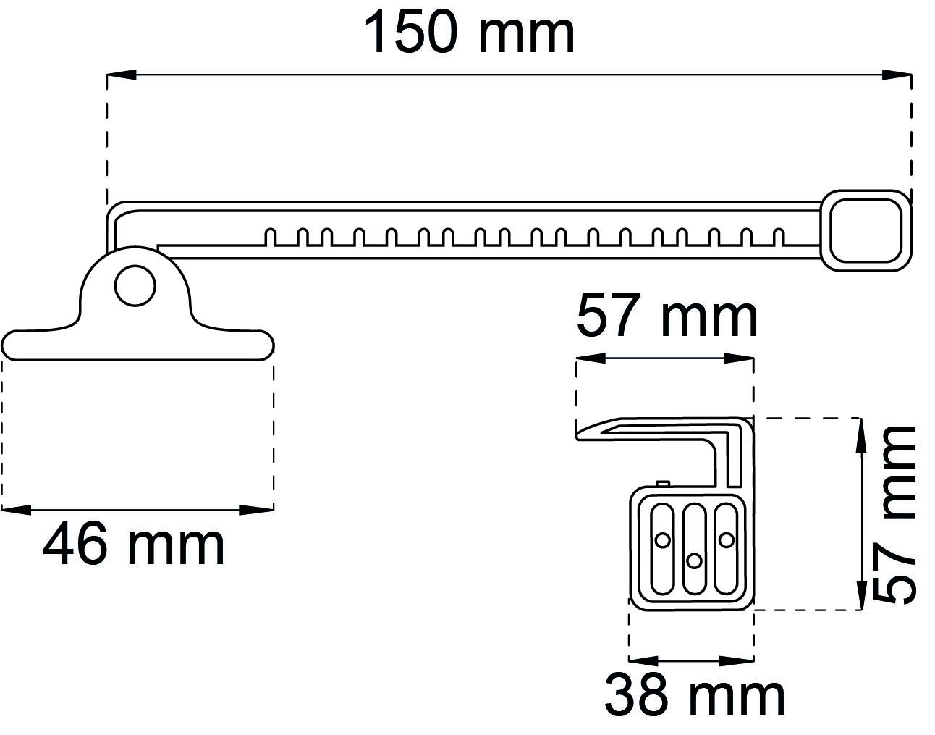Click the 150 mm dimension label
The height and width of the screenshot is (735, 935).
pyautogui.click(x=469, y=33)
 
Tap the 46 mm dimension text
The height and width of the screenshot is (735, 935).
pyautogui.click(x=134, y=546)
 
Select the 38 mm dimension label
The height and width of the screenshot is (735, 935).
pyautogui.click(x=694, y=696)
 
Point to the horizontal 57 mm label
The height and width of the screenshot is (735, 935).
pyautogui.click(x=667, y=316)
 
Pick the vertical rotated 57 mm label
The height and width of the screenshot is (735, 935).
pyautogui.click(x=894, y=514)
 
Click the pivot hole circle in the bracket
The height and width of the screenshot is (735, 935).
pyautogui.click(x=135, y=285)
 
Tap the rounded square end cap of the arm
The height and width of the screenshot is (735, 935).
pyautogui.click(x=866, y=230)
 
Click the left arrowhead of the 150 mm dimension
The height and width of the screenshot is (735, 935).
pyautogui.click(x=120, y=74)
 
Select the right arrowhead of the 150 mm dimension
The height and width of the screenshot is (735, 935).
pyautogui.click(x=897, y=74)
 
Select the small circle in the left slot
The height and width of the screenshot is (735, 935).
pyautogui.click(x=662, y=539)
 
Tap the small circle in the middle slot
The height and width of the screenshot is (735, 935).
pyautogui.click(x=694, y=560)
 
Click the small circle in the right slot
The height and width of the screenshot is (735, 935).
pyautogui.click(x=726, y=539)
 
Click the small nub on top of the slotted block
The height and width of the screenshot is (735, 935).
pyautogui.click(x=663, y=484)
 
